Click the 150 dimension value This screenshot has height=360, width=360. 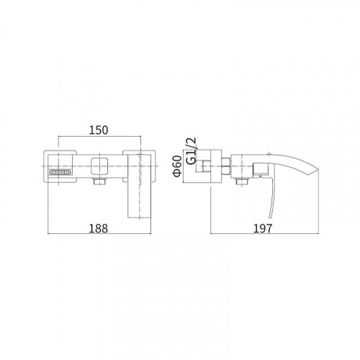tap(99, 130)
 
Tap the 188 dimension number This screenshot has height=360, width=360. tap(99, 228)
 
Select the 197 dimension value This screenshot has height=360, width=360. tap(263, 228)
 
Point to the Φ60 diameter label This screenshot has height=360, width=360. tap(178, 166)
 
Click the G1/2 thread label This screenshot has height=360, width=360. tap(192, 150)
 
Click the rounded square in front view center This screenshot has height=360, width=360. tap(99, 166)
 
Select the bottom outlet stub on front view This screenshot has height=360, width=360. tap(99, 181)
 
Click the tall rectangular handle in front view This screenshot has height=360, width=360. tap(139, 186)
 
